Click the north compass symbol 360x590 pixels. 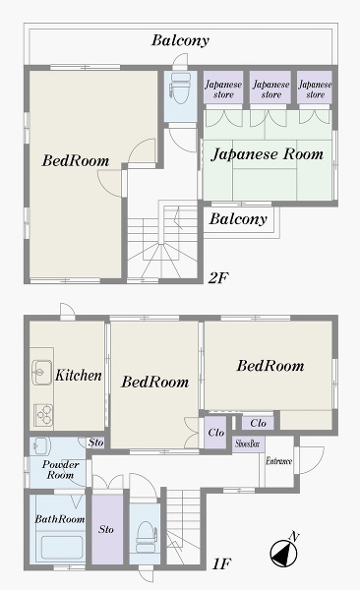283,553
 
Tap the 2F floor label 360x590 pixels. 218,277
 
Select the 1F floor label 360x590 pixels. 221,563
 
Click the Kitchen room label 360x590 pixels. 79,376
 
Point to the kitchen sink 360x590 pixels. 41,373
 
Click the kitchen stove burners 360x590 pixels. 43,415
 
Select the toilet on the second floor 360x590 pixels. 180,88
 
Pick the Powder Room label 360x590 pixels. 60,470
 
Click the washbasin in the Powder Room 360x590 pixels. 40,445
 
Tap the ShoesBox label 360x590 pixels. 248,443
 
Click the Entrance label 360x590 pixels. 278,460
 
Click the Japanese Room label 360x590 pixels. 267,154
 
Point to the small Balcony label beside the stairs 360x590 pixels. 238,218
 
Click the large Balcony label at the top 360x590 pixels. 180,40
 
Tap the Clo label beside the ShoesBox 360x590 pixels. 258,423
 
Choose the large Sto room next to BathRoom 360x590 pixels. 107,529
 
